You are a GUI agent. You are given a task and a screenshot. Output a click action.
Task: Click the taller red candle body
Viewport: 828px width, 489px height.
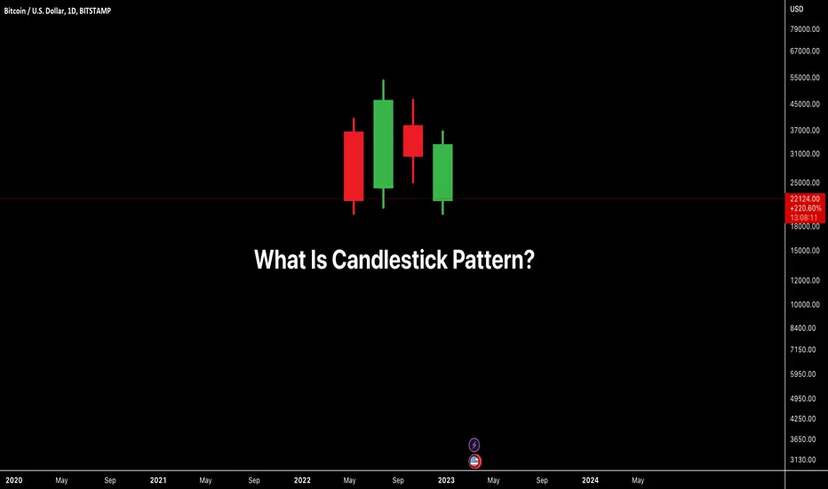[x=354, y=166]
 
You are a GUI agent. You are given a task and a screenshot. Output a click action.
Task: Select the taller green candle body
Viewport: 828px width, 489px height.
[x=383, y=144]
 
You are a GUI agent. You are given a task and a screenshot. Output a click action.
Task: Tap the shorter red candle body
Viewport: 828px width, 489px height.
[x=413, y=140]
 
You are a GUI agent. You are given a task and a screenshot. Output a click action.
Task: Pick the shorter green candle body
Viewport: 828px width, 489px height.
[x=442, y=172]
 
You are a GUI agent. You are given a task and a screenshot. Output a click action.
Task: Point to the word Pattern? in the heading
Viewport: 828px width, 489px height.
[x=493, y=260]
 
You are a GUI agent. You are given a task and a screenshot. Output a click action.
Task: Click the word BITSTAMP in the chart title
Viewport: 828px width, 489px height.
[x=95, y=11]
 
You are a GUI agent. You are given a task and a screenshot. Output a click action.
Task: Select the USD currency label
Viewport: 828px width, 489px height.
[x=796, y=9]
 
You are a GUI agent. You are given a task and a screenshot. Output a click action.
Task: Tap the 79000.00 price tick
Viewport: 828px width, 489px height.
[x=805, y=29]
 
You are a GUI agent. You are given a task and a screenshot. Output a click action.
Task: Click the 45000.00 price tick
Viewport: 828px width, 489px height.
[x=805, y=104]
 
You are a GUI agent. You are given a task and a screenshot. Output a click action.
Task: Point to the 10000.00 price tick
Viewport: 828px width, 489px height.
[x=805, y=304]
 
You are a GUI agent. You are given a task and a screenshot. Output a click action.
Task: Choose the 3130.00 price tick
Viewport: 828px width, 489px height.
[x=802, y=460]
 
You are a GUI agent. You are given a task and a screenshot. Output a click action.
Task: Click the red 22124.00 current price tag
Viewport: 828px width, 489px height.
[x=805, y=199]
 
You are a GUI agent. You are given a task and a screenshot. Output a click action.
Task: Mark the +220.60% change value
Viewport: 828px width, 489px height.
[x=806, y=208]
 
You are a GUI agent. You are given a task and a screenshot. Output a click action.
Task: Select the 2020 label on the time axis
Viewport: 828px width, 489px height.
[x=14, y=480]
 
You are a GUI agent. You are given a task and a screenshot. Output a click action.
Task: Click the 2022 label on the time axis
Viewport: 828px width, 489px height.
[x=302, y=480]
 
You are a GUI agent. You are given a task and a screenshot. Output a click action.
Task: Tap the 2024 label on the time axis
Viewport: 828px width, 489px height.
[x=590, y=480]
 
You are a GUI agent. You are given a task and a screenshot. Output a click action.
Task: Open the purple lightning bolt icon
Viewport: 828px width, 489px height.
[x=474, y=445]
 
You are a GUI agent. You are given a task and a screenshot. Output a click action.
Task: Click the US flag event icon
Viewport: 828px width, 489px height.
[x=474, y=461]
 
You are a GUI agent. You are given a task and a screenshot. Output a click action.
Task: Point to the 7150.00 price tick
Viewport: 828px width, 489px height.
[x=802, y=349]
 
